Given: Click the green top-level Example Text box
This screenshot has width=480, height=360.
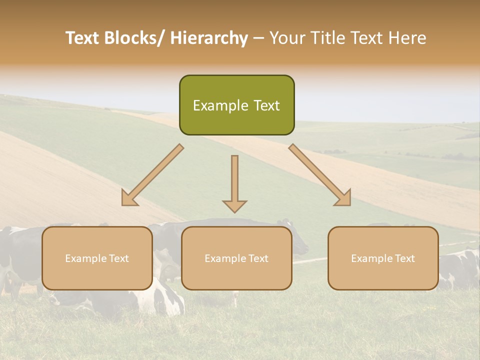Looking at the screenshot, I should (236, 105).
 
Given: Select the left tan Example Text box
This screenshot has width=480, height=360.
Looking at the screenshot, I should (97, 258).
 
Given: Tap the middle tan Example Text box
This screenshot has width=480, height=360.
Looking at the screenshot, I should (236, 258).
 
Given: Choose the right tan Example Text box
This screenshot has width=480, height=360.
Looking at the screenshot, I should (383, 258).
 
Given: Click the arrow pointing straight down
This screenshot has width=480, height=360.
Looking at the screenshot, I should (234, 180).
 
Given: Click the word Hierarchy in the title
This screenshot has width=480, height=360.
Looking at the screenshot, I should (209, 38).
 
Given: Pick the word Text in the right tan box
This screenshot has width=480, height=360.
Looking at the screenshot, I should (404, 258).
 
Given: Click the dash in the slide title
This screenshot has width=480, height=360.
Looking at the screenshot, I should (258, 38).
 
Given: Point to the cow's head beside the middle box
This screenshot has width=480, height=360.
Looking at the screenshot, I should (299, 242).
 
